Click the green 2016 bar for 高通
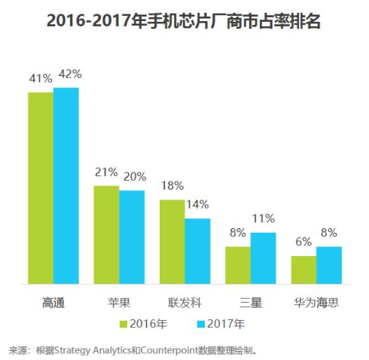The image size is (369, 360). pos(41,188)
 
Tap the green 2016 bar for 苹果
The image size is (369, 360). pos(106,234)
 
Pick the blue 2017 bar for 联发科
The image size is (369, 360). pos(197,251)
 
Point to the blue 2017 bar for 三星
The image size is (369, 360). pos(263,258)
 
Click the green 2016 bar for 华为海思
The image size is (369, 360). pos(303,270)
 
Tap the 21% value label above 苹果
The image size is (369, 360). pos(106,172)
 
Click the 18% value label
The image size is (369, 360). pos(172,187)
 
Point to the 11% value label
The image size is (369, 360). pos(264,218)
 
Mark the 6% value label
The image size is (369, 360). pos(303,243)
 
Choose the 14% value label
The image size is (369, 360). pos(197,205)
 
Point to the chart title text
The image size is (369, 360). pos(184,22)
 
